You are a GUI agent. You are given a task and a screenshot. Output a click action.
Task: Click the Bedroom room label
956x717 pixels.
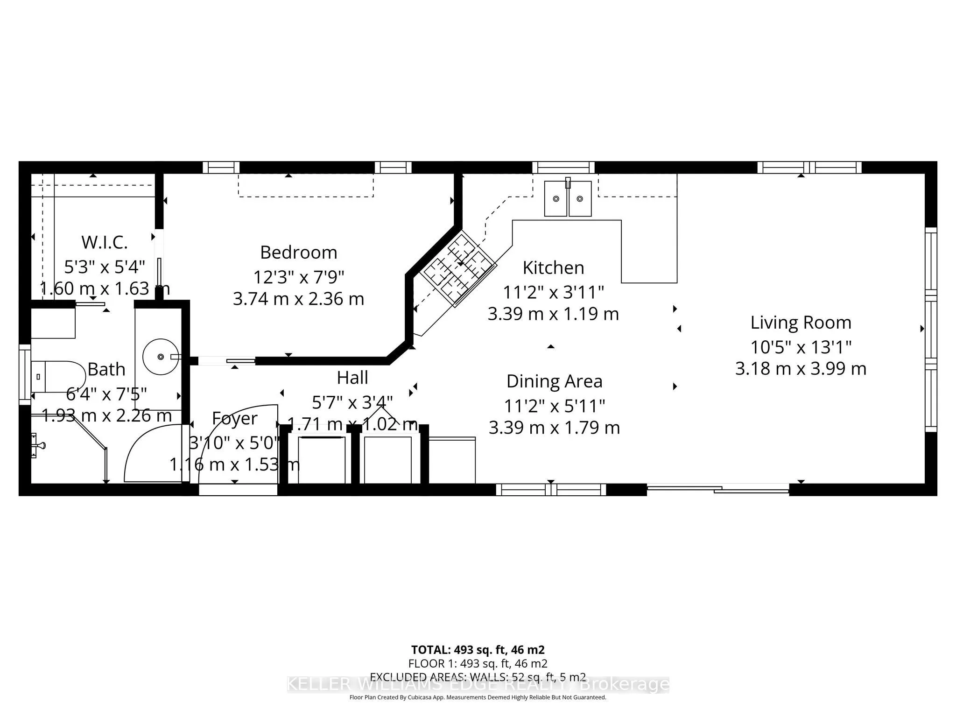(x=298, y=253)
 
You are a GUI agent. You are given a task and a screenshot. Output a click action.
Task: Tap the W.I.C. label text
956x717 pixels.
(x=104, y=243)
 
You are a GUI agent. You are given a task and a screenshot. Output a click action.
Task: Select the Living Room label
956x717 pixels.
(x=801, y=323)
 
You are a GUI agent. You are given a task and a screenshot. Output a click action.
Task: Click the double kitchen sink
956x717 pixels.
(x=568, y=199)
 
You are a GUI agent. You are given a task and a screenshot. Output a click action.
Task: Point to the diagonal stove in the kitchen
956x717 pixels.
(x=457, y=269)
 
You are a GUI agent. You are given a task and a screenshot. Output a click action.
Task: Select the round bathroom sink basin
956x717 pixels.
(x=160, y=357)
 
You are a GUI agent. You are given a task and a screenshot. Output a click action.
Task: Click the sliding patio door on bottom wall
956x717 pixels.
(x=717, y=489)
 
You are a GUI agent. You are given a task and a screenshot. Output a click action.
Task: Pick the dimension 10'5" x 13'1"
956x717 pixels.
(x=801, y=347)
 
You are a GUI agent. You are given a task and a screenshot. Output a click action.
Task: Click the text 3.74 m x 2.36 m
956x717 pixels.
(x=298, y=299)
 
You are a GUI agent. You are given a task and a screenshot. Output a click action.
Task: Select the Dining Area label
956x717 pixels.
(x=554, y=381)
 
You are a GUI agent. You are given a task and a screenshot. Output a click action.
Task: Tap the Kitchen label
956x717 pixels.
(x=553, y=268)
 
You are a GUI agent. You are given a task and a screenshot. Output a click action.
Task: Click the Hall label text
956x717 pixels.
(x=352, y=378)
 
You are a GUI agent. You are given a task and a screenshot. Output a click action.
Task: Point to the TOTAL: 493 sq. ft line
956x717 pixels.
(x=478, y=649)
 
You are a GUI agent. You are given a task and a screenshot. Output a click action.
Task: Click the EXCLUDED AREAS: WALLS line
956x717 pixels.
(x=478, y=677)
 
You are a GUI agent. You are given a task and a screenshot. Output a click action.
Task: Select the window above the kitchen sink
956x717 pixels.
(x=563, y=167)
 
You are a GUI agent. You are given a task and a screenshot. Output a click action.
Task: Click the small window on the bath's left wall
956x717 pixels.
(x=24, y=374)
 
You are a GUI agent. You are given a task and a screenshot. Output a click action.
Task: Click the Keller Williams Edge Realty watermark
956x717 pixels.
(x=478, y=685)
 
